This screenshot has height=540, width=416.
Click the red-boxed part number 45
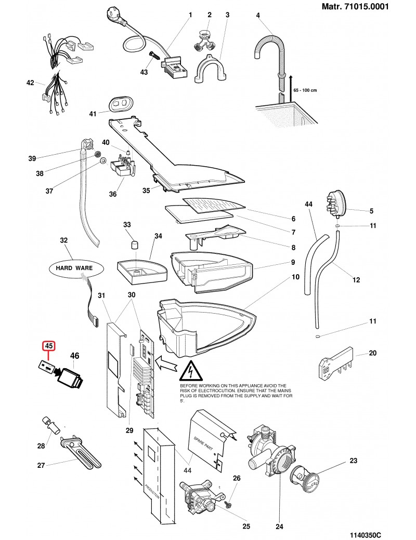point(49,346)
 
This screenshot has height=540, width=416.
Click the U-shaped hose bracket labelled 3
point(211,71)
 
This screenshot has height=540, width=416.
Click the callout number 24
point(280,525)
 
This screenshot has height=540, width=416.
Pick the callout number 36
point(113,195)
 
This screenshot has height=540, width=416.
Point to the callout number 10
point(295,277)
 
